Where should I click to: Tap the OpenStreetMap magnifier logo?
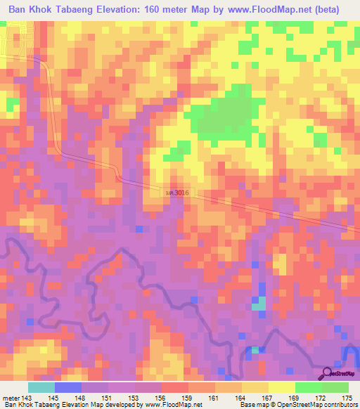pos(326,373)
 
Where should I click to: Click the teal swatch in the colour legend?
pos(41,387)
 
